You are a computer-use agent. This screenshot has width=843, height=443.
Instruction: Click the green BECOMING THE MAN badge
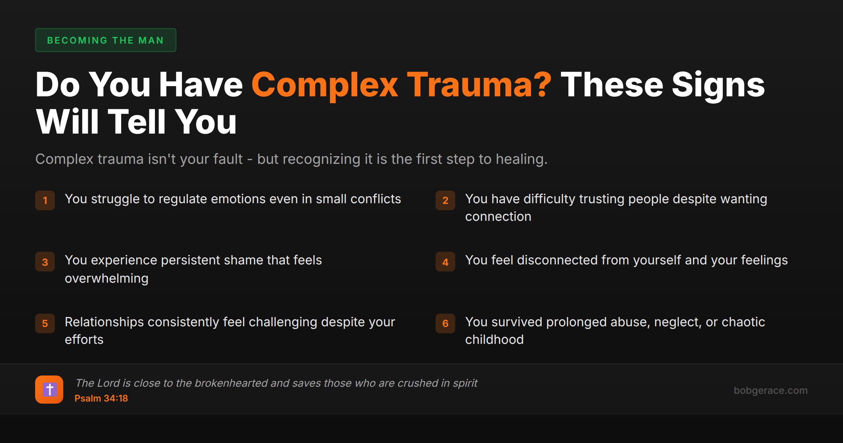click(105, 40)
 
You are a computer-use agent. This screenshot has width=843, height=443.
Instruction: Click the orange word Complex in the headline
click(325, 85)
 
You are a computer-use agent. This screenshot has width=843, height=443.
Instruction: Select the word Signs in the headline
click(718, 85)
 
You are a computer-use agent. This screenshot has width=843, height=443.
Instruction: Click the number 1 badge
click(45, 200)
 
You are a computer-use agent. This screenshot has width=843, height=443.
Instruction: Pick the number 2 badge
click(445, 200)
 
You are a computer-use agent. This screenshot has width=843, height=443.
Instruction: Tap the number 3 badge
click(45, 262)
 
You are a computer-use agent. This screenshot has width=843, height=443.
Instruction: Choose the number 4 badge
click(445, 262)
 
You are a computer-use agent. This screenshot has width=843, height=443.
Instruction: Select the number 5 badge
click(45, 323)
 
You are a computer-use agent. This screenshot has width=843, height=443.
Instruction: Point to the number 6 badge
click(445, 323)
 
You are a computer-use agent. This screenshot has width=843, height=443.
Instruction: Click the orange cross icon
click(49, 390)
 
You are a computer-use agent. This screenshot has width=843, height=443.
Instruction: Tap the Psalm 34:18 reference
click(101, 398)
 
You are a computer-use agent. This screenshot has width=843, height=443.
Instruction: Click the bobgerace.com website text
click(771, 390)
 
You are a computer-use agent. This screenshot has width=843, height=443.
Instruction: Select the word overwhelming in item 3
click(107, 278)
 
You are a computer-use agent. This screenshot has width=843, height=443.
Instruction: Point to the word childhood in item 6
click(494, 340)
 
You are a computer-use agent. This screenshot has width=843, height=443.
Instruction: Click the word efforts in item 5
click(84, 340)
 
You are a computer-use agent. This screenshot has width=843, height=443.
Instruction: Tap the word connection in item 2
click(498, 217)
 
